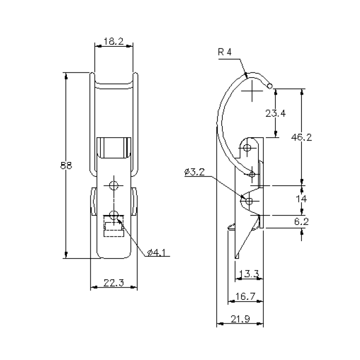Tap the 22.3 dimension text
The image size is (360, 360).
[x=114, y=282]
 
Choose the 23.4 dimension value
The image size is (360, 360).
[x=276, y=113]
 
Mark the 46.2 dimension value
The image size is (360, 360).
[x=301, y=137]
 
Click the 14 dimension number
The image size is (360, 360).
[x=301, y=199]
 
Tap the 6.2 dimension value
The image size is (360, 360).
[x=301, y=221]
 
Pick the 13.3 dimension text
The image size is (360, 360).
[x=248, y=275]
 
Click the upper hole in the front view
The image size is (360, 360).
[x=114, y=185]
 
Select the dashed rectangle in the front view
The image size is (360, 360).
[x=114, y=226]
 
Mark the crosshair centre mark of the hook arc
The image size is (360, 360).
[x=253, y=93]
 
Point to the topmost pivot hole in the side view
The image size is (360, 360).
[x=248, y=148]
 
